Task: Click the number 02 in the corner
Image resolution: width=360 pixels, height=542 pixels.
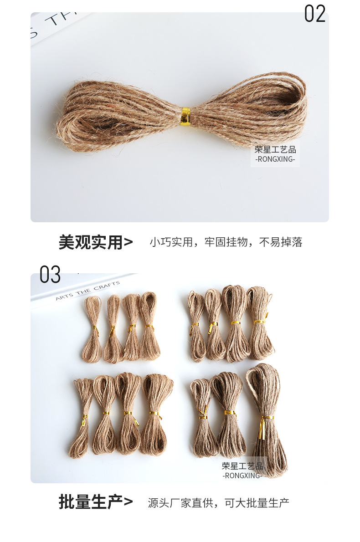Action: [x=315, y=14]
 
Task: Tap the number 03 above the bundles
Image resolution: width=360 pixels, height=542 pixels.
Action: [x=50, y=275]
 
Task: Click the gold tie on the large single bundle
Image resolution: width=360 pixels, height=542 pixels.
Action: [x=185, y=115]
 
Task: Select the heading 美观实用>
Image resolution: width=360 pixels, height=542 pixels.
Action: [x=96, y=242]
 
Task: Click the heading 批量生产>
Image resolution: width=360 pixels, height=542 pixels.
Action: [x=96, y=502]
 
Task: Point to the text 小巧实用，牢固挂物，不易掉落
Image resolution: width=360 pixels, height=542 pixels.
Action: [x=226, y=242]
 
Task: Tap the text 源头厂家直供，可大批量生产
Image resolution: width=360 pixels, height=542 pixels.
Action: [x=219, y=502]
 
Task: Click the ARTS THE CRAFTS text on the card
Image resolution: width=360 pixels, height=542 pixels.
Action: [x=88, y=291]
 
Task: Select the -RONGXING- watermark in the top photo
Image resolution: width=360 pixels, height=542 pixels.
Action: [x=275, y=159]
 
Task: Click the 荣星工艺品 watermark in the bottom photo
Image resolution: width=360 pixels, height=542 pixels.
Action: [x=242, y=466]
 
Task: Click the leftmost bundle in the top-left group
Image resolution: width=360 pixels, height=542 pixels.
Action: [x=93, y=329]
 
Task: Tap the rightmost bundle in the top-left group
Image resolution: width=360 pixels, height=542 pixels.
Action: [x=150, y=326]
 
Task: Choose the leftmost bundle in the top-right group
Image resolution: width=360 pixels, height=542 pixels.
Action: [x=197, y=326]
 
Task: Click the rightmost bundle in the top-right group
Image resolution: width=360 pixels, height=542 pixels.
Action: [x=260, y=322]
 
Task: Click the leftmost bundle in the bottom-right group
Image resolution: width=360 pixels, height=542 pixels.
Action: [x=203, y=418]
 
